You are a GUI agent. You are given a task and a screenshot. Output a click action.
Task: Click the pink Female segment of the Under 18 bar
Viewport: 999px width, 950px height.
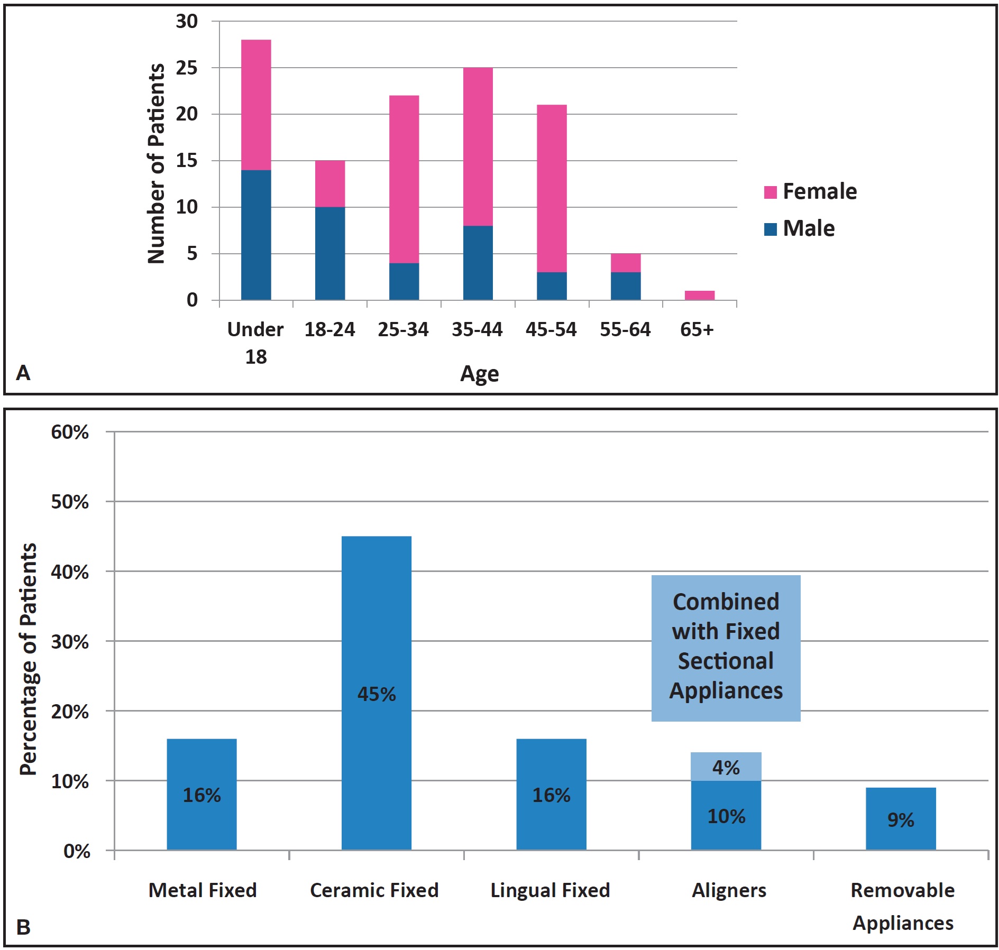[256, 105]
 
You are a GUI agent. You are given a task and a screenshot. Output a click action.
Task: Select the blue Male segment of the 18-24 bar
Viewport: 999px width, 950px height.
[330, 253]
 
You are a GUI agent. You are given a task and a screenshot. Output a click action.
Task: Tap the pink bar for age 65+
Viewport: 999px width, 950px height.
[699, 295]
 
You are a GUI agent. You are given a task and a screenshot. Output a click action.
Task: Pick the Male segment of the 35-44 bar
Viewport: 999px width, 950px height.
[478, 263]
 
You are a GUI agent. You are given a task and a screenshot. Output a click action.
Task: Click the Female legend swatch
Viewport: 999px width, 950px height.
[770, 192]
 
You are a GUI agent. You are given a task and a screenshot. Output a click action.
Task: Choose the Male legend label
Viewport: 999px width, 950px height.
[809, 228]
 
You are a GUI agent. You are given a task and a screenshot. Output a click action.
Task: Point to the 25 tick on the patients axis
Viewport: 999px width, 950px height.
[187, 68]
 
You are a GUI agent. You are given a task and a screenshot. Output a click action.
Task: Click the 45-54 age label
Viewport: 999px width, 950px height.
[551, 329]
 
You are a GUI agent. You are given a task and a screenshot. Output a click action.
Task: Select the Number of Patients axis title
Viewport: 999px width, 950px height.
[156, 163]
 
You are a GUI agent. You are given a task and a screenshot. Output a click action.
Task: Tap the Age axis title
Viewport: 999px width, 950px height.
[479, 374]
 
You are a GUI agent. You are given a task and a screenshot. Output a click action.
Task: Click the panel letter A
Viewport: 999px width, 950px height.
[23, 373]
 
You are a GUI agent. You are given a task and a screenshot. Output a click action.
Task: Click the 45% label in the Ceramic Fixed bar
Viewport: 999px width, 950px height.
[377, 694]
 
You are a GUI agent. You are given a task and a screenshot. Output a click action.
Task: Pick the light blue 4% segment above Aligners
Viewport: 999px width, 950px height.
[726, 767]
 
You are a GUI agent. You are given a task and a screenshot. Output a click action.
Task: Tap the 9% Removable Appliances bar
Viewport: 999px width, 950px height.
[901, 819]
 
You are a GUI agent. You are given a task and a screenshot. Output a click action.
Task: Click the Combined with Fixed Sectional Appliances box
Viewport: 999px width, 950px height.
[726, 648]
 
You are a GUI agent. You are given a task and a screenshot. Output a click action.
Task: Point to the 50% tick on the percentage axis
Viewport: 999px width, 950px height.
[70, 502]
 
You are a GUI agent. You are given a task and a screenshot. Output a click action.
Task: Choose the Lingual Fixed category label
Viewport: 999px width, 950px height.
[550, 890]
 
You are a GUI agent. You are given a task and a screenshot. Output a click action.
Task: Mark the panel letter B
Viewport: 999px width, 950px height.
[23, 927]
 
